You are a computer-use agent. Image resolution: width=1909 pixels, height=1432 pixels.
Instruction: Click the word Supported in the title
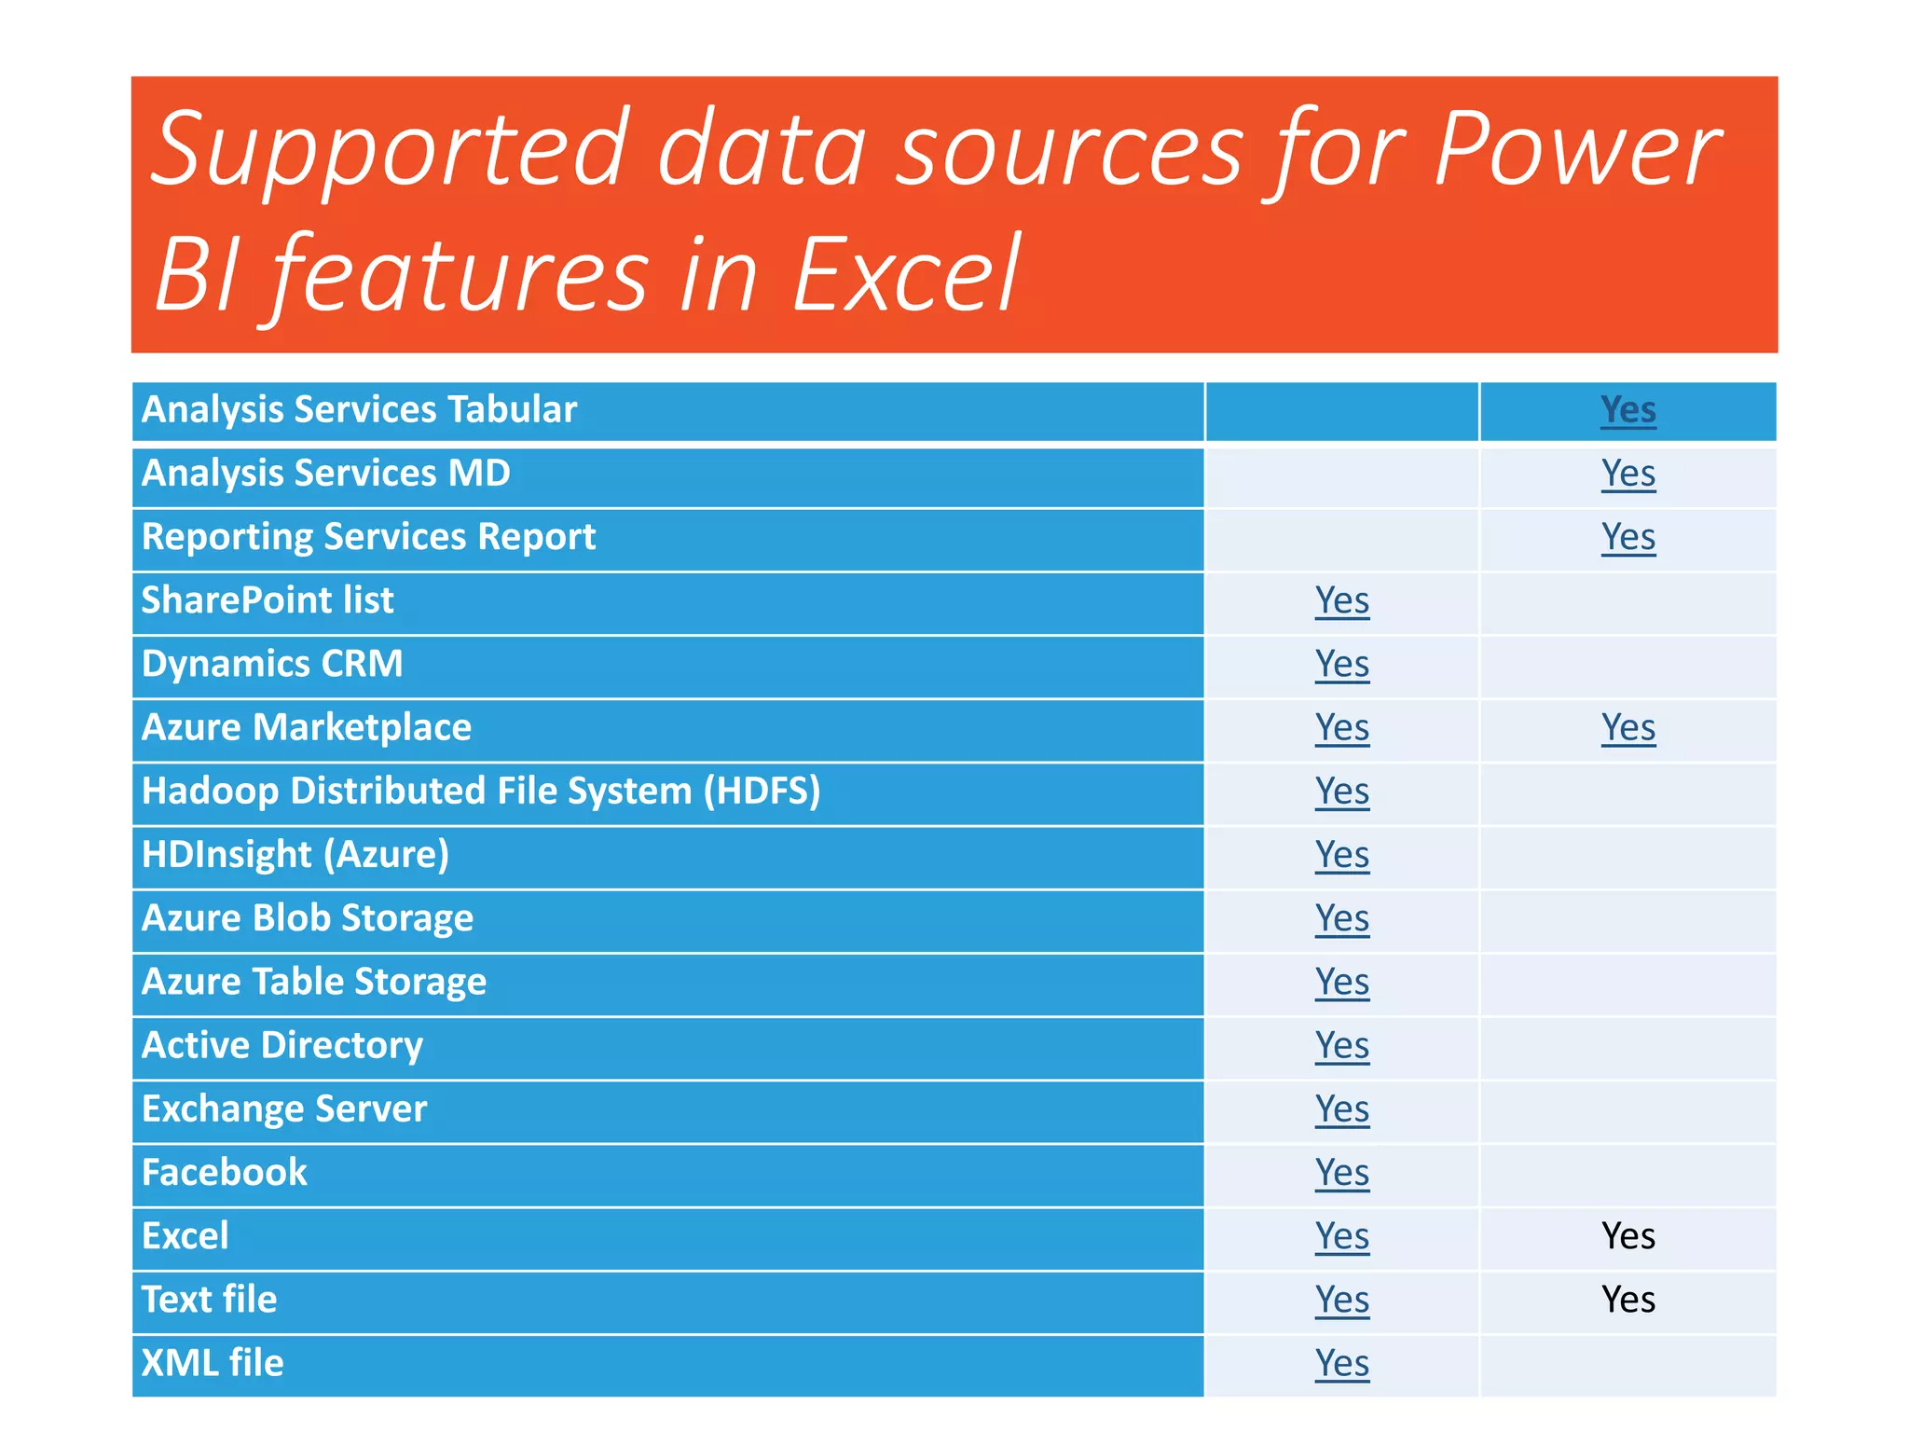coord(388,149)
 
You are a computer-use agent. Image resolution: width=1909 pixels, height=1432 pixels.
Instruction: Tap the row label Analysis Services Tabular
coord(359,409)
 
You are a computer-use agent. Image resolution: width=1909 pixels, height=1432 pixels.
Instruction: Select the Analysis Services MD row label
coord(325,473)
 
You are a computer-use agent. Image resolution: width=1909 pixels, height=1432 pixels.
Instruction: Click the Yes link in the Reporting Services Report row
coord(1627,537)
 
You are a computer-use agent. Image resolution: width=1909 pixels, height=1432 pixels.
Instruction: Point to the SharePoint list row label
coord(268,600)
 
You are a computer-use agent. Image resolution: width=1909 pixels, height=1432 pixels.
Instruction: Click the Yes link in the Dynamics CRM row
coord(1341,664)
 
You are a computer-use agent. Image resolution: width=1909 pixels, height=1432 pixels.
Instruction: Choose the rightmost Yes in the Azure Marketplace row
coord(1627,727)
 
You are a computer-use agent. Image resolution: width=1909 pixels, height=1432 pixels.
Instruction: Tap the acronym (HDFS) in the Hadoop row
coord(762,791)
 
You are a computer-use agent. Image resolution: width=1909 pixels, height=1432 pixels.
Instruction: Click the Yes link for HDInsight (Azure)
coord(1341,855)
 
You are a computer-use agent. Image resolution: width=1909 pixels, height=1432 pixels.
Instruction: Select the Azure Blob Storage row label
coord(308,918)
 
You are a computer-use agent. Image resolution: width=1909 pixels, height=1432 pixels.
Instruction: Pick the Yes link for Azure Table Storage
coord(1341,982)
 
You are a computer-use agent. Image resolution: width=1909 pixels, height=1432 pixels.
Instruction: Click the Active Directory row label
coord(282,1045)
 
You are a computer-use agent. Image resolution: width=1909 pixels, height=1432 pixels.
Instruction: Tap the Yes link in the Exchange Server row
coord(1341,1109)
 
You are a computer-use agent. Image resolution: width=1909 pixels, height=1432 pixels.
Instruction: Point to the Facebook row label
coord(224,1173)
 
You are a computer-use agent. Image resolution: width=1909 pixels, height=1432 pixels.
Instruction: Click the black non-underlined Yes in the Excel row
coord(1627,1236)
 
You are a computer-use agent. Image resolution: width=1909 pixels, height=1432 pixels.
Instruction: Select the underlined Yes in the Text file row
coord(1341,1300)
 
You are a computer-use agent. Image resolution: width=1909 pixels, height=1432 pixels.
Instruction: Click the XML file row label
coord(213,1363)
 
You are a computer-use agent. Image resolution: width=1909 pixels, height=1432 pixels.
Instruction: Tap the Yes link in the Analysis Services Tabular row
coord(1627,409)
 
